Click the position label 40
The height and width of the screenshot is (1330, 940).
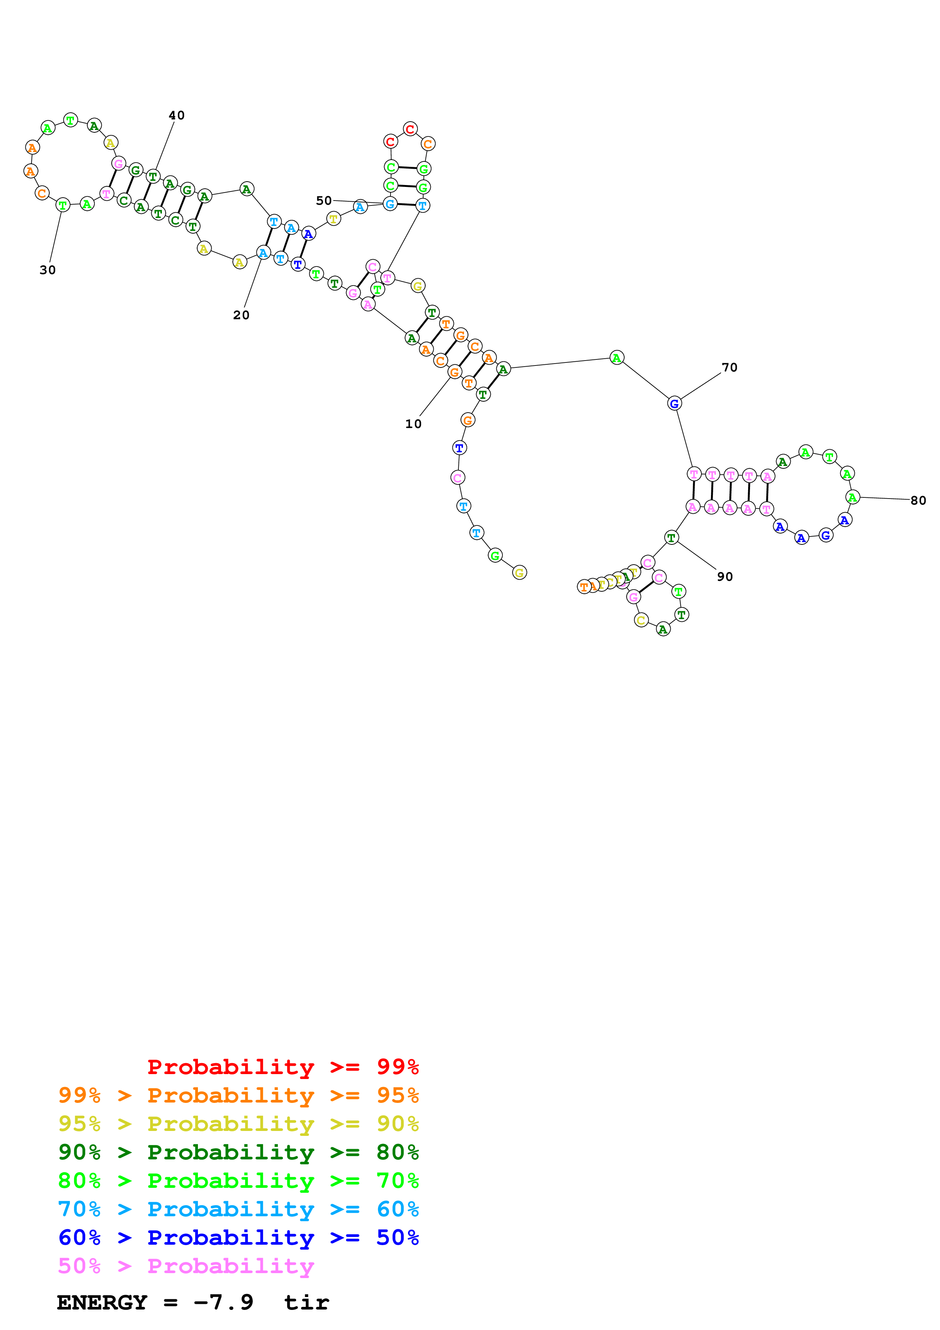(177, 115)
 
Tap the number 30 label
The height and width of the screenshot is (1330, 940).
(47, 270)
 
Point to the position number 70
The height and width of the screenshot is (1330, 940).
(729, 367)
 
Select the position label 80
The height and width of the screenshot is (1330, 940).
(918, 500)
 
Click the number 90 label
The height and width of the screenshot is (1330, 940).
(725, 576)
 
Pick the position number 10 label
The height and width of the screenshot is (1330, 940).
(413, 424)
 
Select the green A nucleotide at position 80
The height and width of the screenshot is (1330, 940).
(852, 497)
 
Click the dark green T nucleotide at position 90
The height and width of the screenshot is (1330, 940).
(671, 538)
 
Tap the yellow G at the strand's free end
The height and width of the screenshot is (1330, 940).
(519, 573)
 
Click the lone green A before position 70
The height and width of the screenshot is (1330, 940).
(617, 358)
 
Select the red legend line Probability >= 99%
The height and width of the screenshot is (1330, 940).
(282, 1067)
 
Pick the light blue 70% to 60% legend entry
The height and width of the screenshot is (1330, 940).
(239, 1209)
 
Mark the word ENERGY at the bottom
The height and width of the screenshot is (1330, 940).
(102, 1303)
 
